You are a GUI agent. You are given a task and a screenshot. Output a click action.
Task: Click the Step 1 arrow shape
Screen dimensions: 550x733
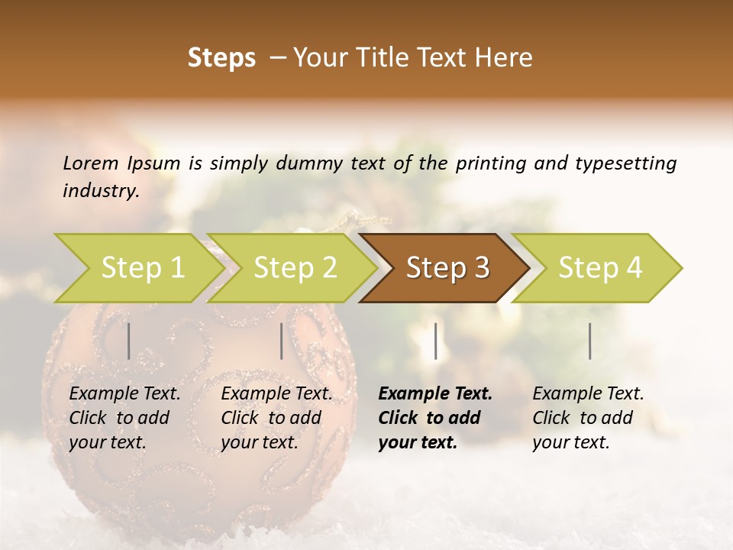point(134,268)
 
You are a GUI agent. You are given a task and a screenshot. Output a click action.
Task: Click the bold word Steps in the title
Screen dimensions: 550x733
point(221,58)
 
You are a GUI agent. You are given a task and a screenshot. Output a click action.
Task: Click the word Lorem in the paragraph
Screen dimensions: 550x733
point(91,163)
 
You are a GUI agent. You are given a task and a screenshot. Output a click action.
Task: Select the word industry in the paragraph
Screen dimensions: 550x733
point(100,191)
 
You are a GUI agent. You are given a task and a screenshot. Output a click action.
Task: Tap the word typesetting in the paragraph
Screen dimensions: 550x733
point(625,163)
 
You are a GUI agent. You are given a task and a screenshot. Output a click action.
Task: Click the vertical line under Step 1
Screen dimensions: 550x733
point(128,341)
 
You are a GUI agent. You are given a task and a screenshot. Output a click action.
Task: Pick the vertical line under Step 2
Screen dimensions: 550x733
point(281,341)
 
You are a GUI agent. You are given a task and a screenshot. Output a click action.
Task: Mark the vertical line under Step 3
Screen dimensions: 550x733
point(435,341)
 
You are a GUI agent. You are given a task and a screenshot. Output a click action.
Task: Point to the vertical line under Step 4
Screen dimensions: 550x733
point(589,341)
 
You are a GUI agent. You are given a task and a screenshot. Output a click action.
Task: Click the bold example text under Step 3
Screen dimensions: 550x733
point(434,418)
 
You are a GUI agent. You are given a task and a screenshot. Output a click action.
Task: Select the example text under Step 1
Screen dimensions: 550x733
point(124,418)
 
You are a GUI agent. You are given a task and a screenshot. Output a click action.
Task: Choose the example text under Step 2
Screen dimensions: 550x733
point(276,418)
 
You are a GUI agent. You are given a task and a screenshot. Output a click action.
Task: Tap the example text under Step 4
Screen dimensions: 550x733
point(587,418)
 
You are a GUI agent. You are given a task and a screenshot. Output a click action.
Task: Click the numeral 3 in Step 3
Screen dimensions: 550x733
point(481,268)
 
